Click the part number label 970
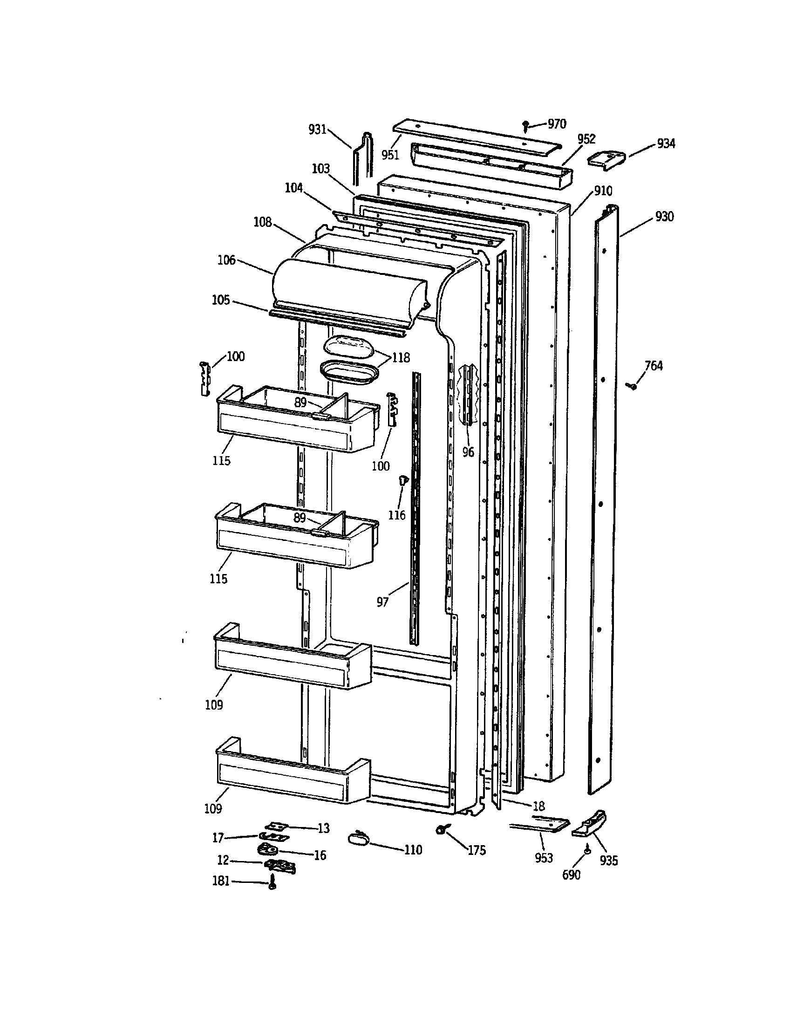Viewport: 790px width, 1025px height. pos(557,124)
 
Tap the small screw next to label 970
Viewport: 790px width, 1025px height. pos(526,125)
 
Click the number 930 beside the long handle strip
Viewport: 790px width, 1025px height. pos(664,217)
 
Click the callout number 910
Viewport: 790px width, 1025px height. pos(603,191)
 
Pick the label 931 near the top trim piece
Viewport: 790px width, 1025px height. pos(317,130)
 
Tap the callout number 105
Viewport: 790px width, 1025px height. pos(220,300)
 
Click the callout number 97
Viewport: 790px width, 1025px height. pos(382,602)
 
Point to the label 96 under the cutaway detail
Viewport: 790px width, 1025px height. pos(468,452)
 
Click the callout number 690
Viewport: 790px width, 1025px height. pos(571,875)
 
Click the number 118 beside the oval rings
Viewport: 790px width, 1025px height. pos(401,358)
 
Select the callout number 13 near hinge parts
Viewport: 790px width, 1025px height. pos(323,828)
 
